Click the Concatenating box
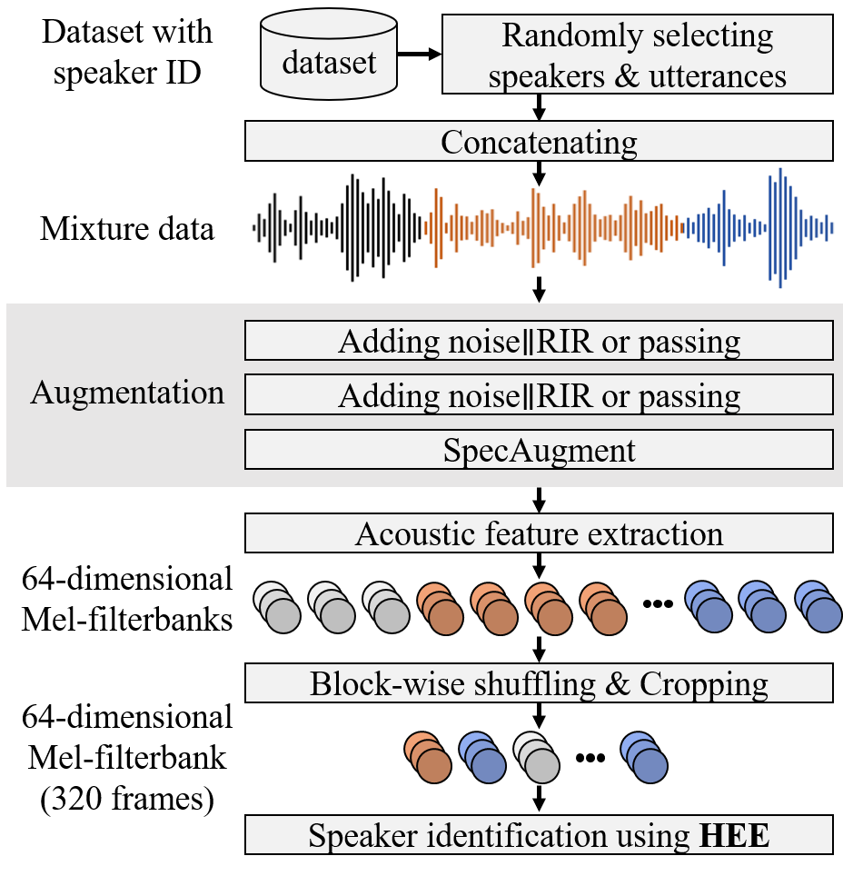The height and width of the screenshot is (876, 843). pyautogui.click(x=539, y=142)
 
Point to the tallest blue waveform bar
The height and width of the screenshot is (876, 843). pyautogui.click(x=779, y=227)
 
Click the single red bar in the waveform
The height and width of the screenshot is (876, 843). pyautogui.click(x=554, y=227)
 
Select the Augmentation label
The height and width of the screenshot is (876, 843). pyautogui.click(x=127, y=393)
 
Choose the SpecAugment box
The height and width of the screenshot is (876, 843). pyautogui.click(x=539, y=450)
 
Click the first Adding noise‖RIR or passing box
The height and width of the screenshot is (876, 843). pyautogui.click(x=539, y=342)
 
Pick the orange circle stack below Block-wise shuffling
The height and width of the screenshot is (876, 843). pyautogui.click(x=428, y=759)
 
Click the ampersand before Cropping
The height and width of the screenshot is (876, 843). pyautogui.click(x=618, y=683)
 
